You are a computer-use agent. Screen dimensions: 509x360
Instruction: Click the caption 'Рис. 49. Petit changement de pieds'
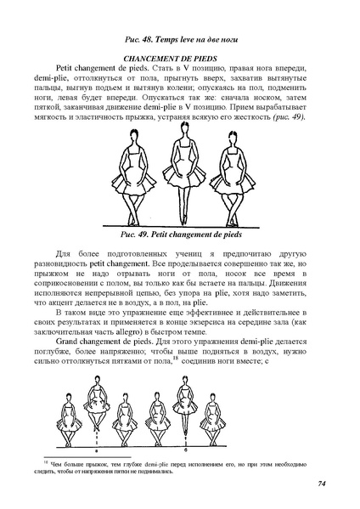[179, 232]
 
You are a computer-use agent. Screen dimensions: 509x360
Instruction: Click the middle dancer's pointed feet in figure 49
[180, 218]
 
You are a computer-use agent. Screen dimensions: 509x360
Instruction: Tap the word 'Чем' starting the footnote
[61, 464]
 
